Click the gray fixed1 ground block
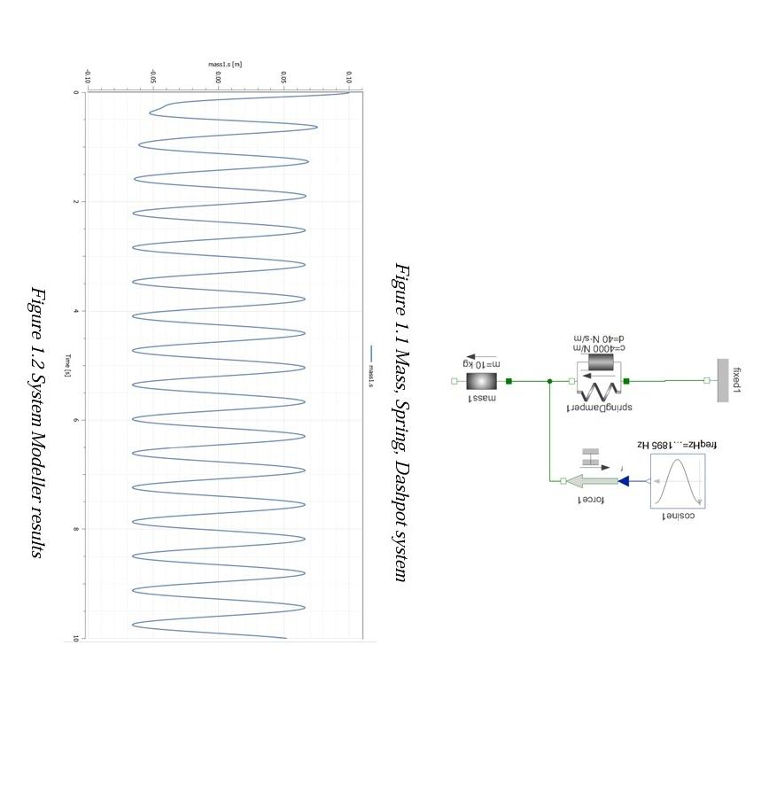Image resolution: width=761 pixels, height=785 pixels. click(723, 380)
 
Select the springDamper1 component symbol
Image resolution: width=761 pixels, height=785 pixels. click(599, 381)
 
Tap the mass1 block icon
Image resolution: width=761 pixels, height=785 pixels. click(482, 381)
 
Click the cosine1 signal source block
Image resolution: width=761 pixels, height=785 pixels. click(678, 482)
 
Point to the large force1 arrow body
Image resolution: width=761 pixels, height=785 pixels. click(592, 481)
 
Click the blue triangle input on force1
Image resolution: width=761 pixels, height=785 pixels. click(624, 481)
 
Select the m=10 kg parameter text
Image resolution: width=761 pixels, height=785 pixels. click(482, 364)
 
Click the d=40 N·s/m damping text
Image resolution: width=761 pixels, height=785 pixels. click(599, 338)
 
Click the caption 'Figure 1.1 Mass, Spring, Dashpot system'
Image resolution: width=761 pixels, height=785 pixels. click(401, 422)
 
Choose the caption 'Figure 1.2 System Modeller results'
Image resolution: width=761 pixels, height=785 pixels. click(37, 422)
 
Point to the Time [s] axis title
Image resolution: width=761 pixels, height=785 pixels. click(67, 366)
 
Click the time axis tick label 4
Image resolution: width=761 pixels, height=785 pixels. click(77, 311)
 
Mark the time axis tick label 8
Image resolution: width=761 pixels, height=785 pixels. click(77, 529)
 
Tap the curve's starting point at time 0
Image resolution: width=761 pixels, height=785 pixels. click(349, 93)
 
